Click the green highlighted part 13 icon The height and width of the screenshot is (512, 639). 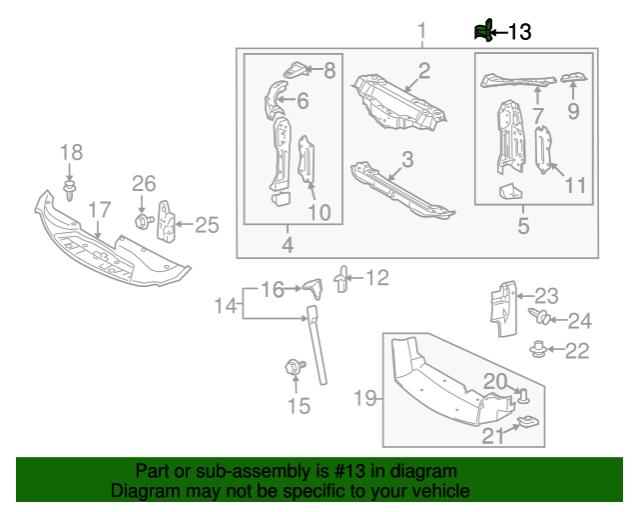pos(483,32)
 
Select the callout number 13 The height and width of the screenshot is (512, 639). pos(520,32)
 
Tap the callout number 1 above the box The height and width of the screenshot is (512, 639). pos(421,30)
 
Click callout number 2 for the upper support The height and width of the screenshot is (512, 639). pos(424,70)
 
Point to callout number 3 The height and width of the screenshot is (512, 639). pos(407,159)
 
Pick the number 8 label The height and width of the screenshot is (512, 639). pos(329,70)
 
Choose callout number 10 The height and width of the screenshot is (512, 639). pos(319,212)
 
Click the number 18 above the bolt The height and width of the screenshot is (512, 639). pos(71,153)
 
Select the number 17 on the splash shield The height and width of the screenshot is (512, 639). pos(98,210)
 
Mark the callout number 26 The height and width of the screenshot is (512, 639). pos(145,183)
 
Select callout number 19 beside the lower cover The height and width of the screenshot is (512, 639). pos(365,400)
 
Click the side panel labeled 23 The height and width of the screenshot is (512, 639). pos(500,304)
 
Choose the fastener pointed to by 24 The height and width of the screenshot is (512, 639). pos(541,318)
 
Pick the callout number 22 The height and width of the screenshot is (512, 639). pos(577,350)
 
